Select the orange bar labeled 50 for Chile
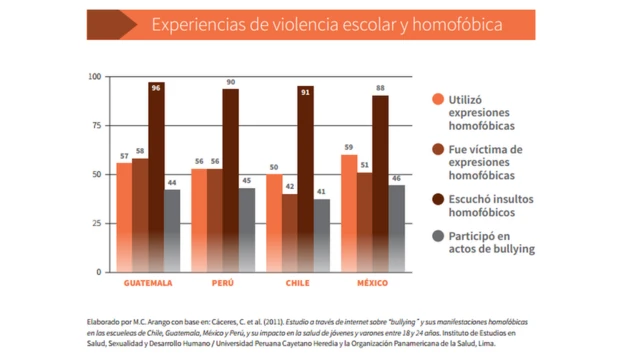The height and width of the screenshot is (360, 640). [x=274, y=223]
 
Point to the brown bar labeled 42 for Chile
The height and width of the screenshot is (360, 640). [x=290, y=233]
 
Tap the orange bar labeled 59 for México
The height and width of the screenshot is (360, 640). [x=349, y=213]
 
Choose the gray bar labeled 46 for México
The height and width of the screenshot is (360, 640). [x=397, y=229]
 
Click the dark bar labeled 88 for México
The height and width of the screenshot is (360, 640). [x=381, y=184]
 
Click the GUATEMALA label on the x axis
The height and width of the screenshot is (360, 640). [x=148, y=283]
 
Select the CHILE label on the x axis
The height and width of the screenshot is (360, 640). [x=297, y=283]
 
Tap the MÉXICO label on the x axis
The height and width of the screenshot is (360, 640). [x=373, y=283]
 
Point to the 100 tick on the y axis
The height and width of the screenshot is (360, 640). [x=94, y=77]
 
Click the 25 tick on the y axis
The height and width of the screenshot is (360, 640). [x=96, y=223]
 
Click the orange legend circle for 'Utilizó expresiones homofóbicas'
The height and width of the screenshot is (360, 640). [x=438, y=99]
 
